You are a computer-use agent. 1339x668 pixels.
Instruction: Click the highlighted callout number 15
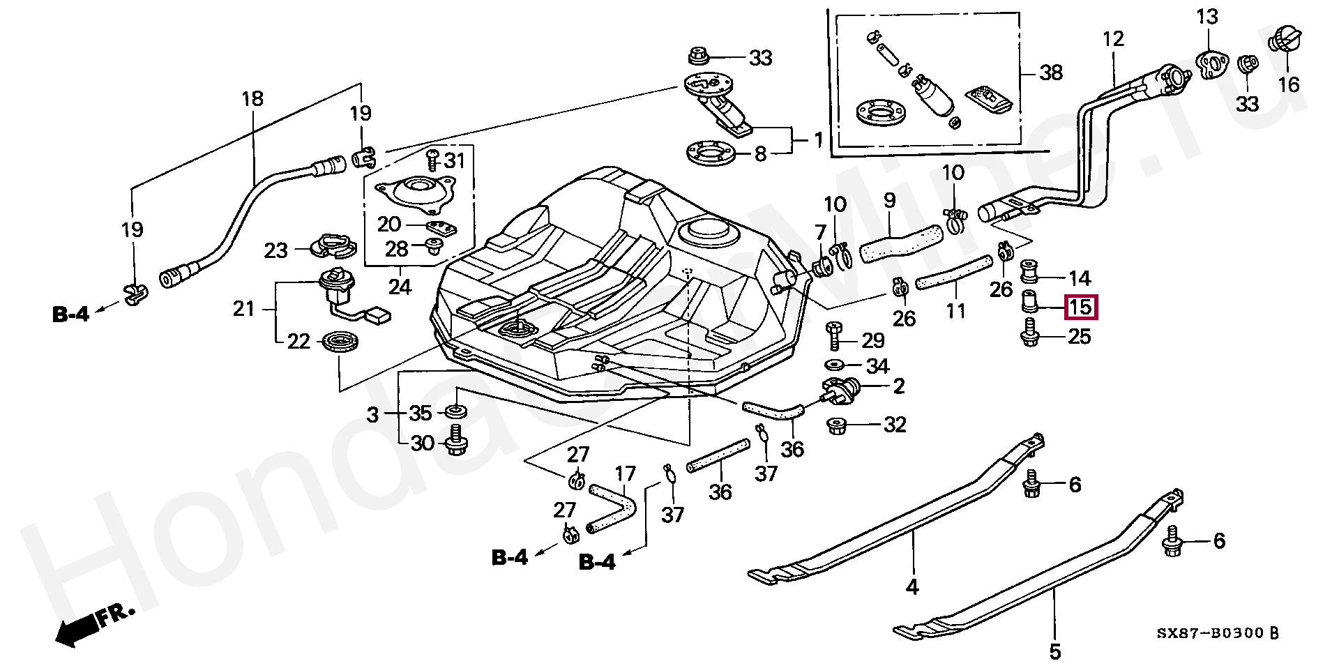[x=1080, y=308]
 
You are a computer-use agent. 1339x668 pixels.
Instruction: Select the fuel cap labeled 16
[x=1285, y=39]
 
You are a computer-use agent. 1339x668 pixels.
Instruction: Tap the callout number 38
[x=1050, y=72]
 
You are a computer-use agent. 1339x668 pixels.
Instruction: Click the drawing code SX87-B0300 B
[x=1218, y=633]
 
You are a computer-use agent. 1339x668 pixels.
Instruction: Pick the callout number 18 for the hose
[x=252, y=98]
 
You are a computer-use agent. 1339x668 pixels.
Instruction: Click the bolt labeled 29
[x=834, y=337]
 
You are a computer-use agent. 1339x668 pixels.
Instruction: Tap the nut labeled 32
[x=836, y=425]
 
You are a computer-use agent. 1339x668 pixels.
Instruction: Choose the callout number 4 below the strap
[x=912, y=586]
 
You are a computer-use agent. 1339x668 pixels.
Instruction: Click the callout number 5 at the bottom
[x=1054, y=652]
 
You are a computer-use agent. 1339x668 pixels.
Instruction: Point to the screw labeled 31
[x=431, y=160]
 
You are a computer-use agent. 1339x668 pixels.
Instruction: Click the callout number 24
[x=400, y=286]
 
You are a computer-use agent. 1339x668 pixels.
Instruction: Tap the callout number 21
[x=243, y=308]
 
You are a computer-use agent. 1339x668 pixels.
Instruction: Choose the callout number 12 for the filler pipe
[x=1113, y=38]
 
